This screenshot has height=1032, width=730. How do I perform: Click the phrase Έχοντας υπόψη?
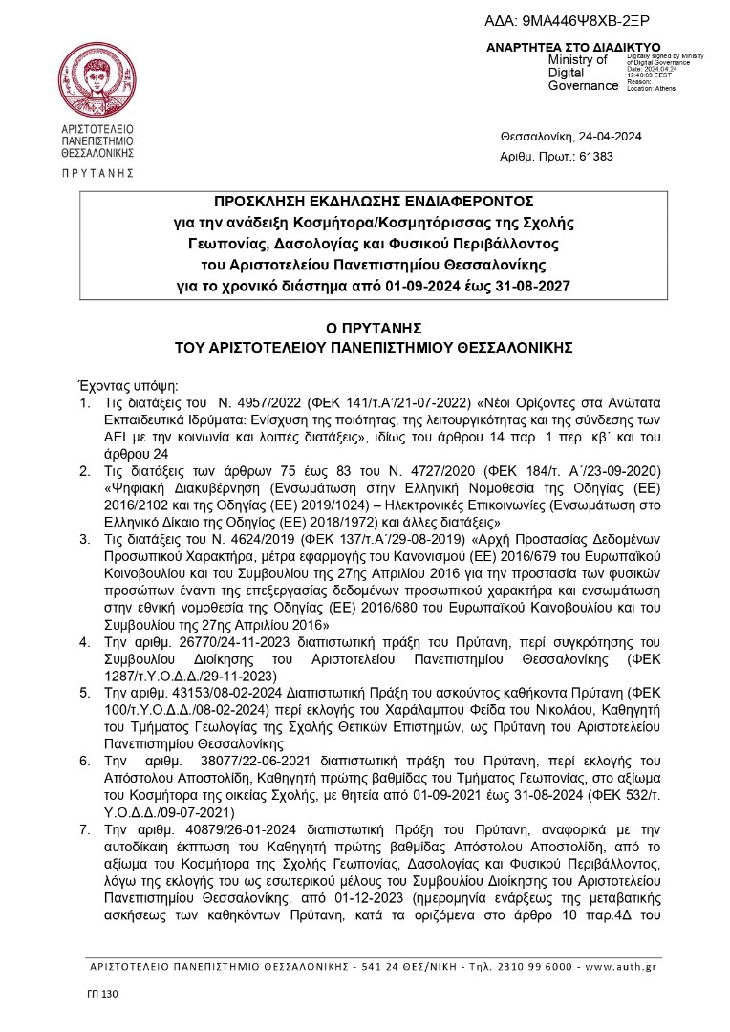point(120,385)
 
